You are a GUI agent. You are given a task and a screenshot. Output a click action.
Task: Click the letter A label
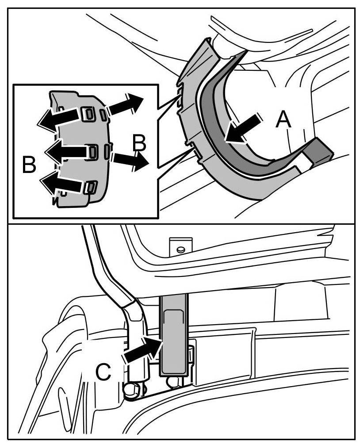[283, 120]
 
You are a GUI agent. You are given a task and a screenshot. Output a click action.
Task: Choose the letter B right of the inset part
[139, 143]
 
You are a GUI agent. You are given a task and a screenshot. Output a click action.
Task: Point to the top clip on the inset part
[88, 114]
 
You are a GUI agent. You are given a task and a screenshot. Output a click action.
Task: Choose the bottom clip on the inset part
[90, 187]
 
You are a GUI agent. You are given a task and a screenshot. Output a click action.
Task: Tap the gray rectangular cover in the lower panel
[174, 336]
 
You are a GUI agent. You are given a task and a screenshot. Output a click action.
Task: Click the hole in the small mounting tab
[180, 249]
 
